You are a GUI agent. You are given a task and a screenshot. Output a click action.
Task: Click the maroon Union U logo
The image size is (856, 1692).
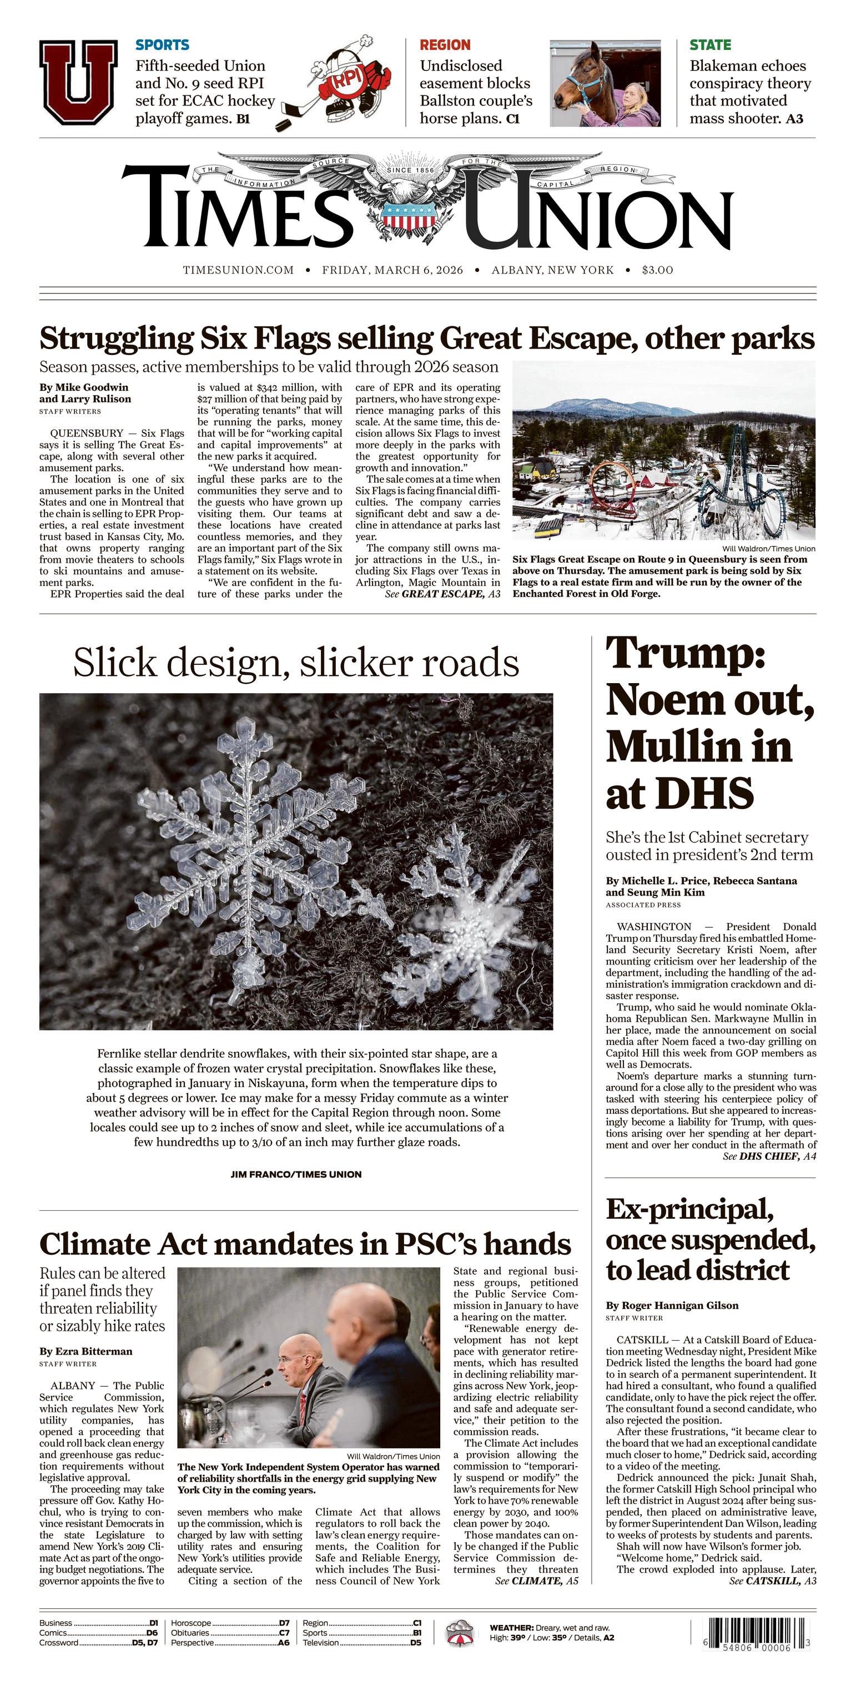[78, 82]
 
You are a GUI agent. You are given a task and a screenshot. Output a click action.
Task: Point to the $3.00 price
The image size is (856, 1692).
[658, 270]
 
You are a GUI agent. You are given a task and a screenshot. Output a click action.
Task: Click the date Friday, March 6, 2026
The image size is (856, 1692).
[392, 270]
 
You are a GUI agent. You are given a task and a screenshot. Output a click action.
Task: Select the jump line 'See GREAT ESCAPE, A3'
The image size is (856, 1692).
[442, 594]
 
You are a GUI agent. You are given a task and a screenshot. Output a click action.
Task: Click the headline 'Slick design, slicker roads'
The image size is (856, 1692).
[296, 663]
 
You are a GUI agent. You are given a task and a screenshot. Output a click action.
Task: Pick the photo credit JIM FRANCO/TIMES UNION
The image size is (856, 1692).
[296, 1174]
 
